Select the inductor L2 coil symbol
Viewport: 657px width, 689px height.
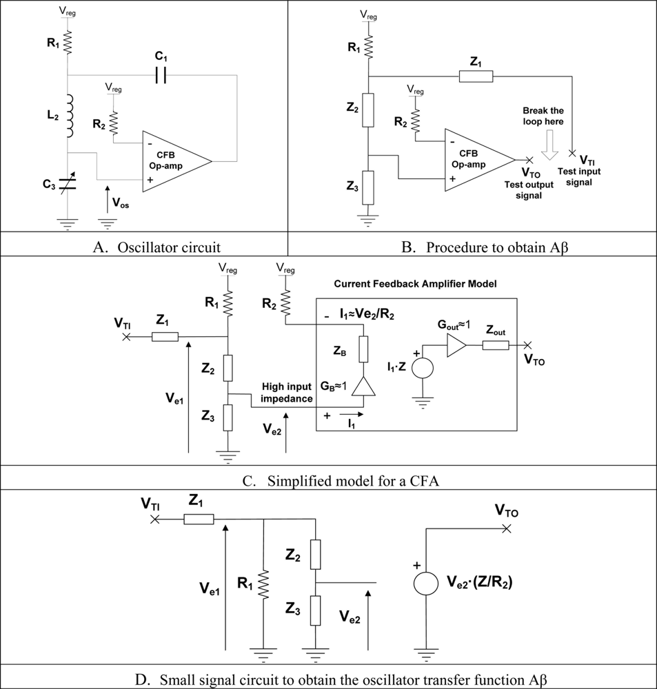(x=68, y=115)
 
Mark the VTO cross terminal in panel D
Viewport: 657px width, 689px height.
(x=507, y=528)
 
